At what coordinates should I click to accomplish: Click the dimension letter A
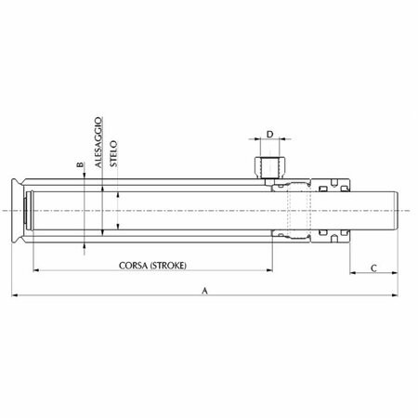[204, 291]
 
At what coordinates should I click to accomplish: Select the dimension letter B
[80, 164]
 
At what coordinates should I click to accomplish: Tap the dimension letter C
[373, 268]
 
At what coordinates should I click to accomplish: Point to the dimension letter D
[270, 135]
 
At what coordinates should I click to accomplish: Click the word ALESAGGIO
[98, 142]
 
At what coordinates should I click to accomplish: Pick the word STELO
[113, 153]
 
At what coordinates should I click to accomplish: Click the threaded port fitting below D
[270, 168]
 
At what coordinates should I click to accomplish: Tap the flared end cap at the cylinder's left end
[18, 211]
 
